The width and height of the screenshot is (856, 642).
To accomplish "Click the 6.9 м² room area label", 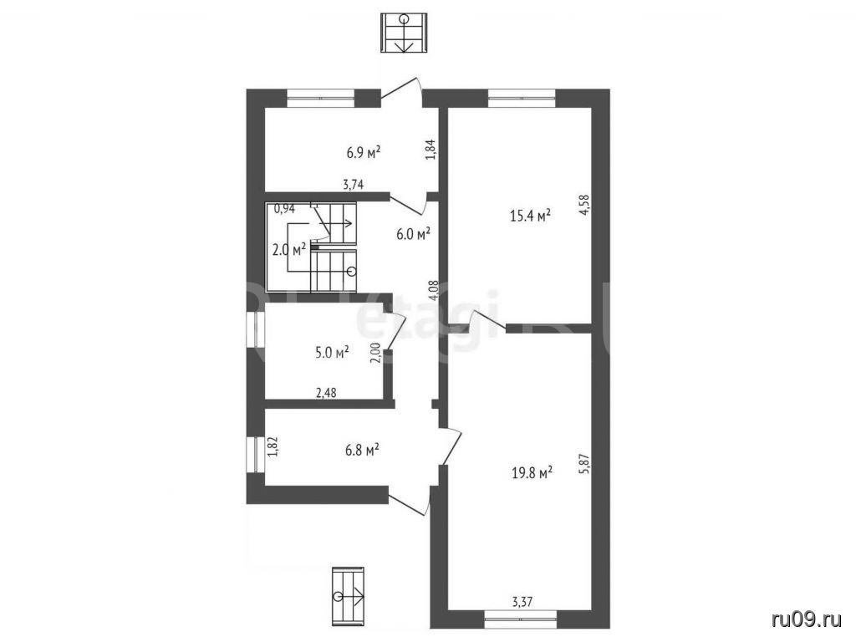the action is pyautogui.click(x=364, y=152).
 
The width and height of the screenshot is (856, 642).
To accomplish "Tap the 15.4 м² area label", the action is pyautogui.click(x=529, y=215).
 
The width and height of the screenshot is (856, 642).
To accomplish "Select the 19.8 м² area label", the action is pyautogui.click(x=532, y=471).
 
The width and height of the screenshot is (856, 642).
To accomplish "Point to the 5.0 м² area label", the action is pyautogui.click(x=332, y=353).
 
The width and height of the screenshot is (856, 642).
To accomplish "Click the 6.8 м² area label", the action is pyautogui.click(x=363, y=451).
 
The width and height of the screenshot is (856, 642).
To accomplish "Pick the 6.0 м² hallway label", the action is pyautogui.click(x=413, y=234).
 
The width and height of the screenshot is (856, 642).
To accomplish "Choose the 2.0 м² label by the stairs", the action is pyautogui.click(x=288, y=250).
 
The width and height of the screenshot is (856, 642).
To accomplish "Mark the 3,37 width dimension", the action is pyautogui.click(x=522, y=602).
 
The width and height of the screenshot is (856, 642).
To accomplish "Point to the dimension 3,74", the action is pyautogui.click(x=354, y=185).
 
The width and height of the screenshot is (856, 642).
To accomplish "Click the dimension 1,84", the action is pyautogui.click(x=431, y=150).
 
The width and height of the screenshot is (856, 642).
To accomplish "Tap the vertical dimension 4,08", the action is pyautogui.click(x=434, y=291).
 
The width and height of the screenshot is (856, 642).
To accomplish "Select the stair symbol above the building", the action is pyautogui.click(x=404, y=33).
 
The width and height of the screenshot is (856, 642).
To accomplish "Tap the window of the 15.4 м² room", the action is pyautogui.click(x=522, y=98).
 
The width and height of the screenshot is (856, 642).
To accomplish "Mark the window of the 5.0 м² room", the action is pyautogui.click(x=256, y=329).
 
